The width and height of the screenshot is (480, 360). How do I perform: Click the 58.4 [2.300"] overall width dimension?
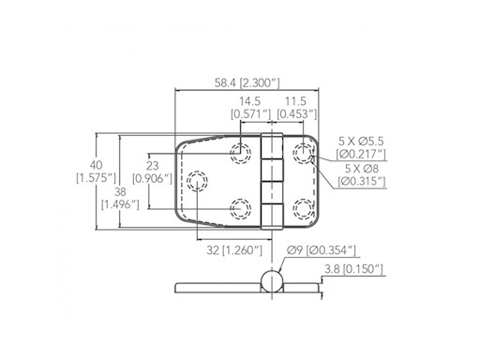pyautogui.click(x=247, y=83)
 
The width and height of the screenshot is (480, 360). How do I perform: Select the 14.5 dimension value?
pyautogui.click(x=249, y=101)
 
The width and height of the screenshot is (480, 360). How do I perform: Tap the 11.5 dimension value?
pyautogui.click(x=295, y=101)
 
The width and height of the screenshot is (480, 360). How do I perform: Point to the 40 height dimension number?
pyautogui.click(x=96, y=165)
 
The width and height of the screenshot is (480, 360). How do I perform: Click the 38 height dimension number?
pyautogui.click(x=120, y=191)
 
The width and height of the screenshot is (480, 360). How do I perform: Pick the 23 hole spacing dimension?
pyautogui.click(x=152, y=165)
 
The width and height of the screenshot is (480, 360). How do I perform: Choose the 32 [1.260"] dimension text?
pyautogui.click(x=234, y=250)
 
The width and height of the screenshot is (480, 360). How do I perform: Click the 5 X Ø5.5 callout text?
pyautogui.click(x=361, y=142)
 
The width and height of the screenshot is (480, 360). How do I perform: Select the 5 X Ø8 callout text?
pyautogui.click(x=362, y=169)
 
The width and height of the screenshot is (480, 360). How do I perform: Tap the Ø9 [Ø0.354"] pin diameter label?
pyautogui.click(x=322, y=250)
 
